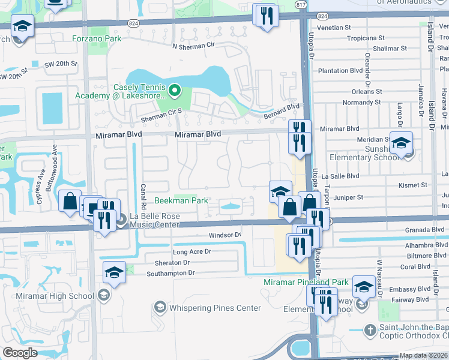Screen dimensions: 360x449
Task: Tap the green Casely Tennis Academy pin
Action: click(175, 91)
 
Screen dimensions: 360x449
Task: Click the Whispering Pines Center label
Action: click(215, 308)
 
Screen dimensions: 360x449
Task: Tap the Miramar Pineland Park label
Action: click(306, 282)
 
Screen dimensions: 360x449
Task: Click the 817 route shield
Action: click(301, 5)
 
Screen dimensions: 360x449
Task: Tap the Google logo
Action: click(20, 353)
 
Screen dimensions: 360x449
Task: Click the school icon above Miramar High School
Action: click(114, 272)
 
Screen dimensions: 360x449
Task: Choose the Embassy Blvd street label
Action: click(410, 289)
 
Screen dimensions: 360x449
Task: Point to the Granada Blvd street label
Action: click(421, 230)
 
